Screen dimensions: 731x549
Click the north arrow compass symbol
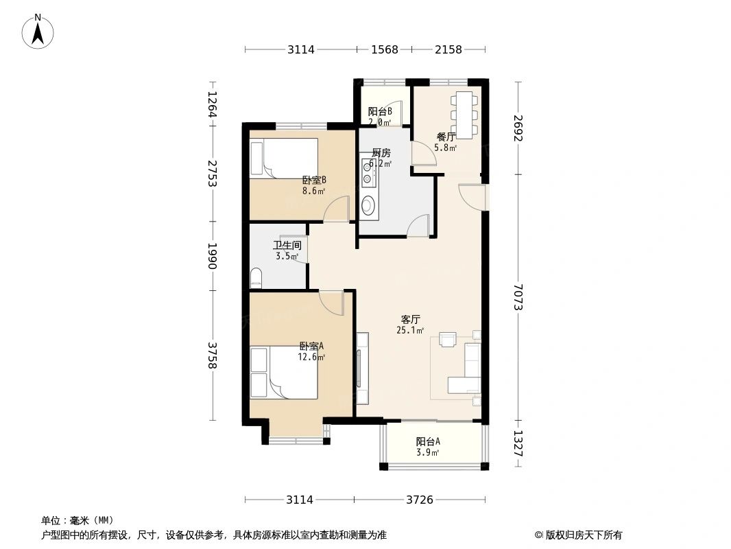(38, 32)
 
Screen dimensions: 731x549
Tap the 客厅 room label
(410, 320)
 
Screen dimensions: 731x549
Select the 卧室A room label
(311, 346)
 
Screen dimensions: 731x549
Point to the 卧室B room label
(314, 180)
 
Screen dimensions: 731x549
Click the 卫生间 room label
(287, 245)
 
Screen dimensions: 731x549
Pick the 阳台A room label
(428, 441)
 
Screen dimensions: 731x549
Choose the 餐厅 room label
(446, 137)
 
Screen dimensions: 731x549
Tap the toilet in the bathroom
(256, 278)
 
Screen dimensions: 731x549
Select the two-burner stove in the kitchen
(368, 172)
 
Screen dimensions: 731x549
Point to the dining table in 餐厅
(464, 115)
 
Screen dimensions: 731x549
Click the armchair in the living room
(448, 340)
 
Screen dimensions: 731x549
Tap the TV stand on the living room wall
(363, 368)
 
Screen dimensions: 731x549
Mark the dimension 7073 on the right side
(518, 297)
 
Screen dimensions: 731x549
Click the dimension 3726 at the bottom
(420, 500)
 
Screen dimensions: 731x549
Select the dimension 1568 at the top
(385, 49)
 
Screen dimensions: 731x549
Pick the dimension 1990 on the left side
(212, 255)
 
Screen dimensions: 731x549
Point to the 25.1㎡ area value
(410, 331)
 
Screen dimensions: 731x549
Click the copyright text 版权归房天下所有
(584, 535)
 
